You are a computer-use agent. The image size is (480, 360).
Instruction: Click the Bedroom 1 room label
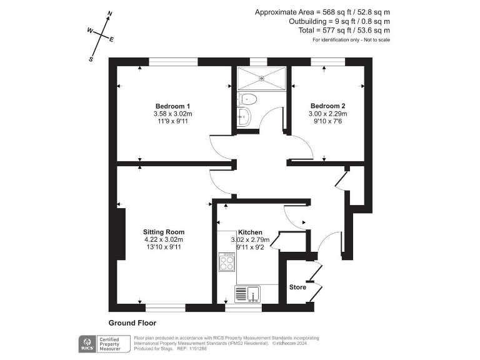coord(172,106)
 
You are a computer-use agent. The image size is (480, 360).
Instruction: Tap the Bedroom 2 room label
coord(327,106)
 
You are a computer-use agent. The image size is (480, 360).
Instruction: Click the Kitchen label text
coord(250,232)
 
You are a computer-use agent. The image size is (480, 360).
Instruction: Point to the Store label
coord(297,287)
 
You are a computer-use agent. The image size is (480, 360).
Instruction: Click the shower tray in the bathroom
coord(261,78)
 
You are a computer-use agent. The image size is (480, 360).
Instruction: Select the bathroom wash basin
coord(244,116)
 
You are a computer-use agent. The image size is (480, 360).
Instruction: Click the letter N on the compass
coord(110,13)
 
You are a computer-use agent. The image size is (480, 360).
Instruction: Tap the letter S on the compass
coord(91,59)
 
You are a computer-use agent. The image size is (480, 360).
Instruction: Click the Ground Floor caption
coord(132,323)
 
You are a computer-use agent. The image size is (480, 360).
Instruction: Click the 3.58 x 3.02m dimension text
coord(172,114)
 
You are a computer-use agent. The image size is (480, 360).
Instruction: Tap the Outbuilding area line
coord(339,21)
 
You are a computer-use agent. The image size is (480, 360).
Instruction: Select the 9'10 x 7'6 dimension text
coord(327,122)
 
